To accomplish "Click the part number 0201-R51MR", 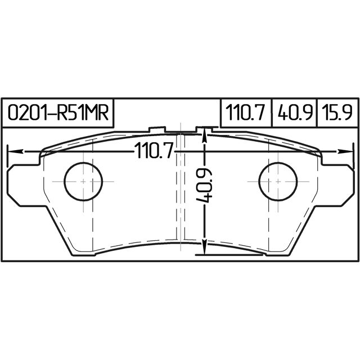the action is pyautogui.click(x=58, y=113).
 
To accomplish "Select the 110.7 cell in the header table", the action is pyautogui.click(x=246, y=113).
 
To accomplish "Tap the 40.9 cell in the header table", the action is pyautogui.click(x=295, y=113).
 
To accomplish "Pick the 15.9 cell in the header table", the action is pyautogui.click(x=338, y=113).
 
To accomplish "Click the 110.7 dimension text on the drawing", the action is pyautogui.click(x=154, y=151).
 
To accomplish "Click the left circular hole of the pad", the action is pyautogui.click(x=83, y=181).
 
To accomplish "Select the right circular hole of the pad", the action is pyautogui.click(x=278, y=181).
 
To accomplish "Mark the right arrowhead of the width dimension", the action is pyautogui.click(x=344, y=151).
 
